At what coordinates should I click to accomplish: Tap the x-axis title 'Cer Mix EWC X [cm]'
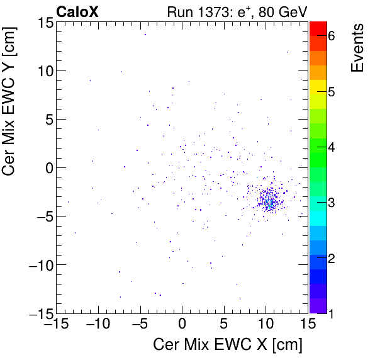click(x=228, y=346)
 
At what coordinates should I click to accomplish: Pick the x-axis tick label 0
click(x=182, y=325)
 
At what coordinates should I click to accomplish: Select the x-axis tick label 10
click(x=266, y=325)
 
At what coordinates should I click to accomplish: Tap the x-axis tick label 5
click(x=224, y=325)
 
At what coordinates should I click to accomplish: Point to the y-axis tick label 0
click(x=46, y=167)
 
